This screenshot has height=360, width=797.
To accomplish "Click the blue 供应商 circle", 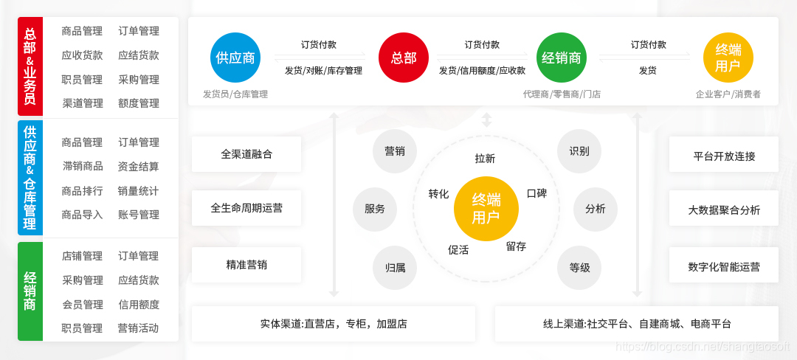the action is [235, 57].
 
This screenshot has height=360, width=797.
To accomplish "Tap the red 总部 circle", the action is [404, 57].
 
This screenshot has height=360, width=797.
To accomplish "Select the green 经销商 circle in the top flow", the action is [562, 57].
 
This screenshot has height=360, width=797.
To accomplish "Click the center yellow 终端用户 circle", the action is [486, 209].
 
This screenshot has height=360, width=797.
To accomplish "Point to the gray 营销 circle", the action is [395, 151].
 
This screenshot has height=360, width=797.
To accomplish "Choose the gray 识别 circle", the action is [579, 151].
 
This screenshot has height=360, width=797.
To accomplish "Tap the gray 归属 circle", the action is [395, 267].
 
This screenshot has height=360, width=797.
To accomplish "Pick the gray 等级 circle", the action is [579, 267].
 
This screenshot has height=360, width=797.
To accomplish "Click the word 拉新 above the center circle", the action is [485, 158].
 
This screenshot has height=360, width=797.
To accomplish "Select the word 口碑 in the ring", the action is [536, 193].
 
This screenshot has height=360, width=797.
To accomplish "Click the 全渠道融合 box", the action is [246, 154].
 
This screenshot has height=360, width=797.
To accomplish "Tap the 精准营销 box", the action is [246, 264].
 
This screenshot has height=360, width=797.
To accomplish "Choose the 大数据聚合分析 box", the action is [724, 210].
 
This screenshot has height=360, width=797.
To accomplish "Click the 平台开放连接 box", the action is [724, 156].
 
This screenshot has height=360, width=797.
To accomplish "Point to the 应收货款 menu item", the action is [82, 55].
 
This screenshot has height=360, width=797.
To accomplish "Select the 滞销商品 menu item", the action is [82, 166].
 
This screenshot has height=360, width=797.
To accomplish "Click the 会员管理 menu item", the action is [82, 304].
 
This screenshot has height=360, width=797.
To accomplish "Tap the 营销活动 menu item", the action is [139, 328].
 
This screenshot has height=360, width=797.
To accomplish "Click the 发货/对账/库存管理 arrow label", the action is [323, 71].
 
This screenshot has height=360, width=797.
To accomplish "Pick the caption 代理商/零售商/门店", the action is [562, 94].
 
